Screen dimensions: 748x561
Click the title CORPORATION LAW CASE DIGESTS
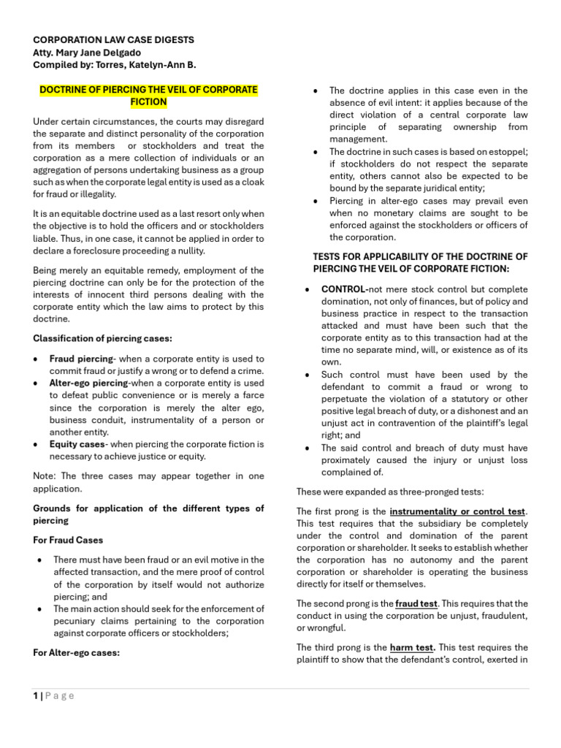pos(114,40)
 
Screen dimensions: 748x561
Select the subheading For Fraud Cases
pos(68,540)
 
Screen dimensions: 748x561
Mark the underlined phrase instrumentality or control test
pos(457,511)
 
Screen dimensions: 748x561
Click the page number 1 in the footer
pos(36,695)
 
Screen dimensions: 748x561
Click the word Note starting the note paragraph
pos(44,476)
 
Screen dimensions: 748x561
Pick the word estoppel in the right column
pos(507,151)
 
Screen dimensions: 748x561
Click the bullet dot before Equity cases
pos(37,445)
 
